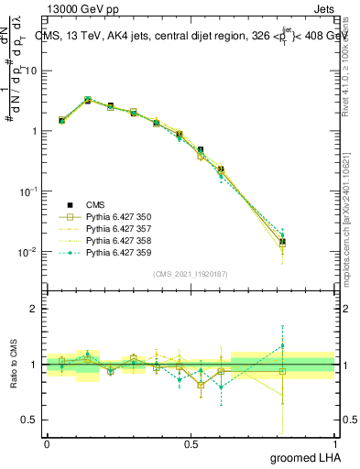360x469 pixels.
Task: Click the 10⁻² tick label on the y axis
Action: point(29,252)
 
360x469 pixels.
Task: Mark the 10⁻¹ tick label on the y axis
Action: point(29,191)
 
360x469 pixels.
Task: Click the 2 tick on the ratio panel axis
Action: point(35,309)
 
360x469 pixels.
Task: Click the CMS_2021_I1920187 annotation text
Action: point(191,274)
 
